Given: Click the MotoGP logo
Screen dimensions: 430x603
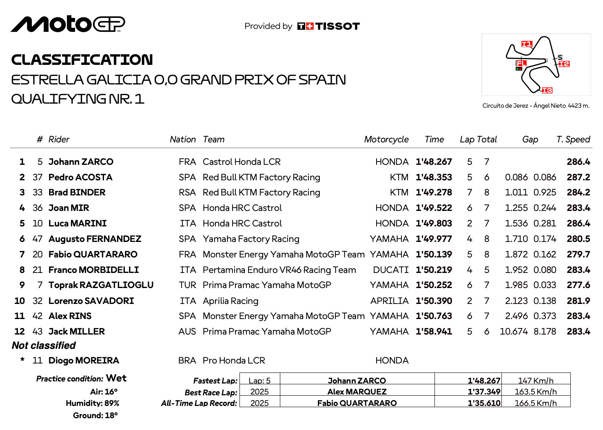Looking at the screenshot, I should click(x=68, y=24).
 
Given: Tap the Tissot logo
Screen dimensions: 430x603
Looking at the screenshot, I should click(x=328, y=27).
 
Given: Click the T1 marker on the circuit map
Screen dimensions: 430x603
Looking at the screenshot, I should click(x=527, y=44).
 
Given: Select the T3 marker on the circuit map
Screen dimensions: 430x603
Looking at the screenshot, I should click(x=547, y=90).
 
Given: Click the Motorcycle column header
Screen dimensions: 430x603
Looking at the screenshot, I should click(x=386, y=140).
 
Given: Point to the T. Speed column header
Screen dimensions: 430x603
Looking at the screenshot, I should click(x=573, y=140).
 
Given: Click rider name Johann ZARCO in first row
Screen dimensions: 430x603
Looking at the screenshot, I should click(x=81, y=162).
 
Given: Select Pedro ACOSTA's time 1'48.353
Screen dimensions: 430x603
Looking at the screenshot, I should click(x=434, y=177).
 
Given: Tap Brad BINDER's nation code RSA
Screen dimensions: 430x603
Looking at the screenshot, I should click(x=187, y=193).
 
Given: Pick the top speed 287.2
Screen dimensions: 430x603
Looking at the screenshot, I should click(x=578, y=177).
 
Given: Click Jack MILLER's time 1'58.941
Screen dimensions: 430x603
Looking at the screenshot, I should click(x=434, y=332).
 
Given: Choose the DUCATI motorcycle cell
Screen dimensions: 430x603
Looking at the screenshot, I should click(x=390, y=270).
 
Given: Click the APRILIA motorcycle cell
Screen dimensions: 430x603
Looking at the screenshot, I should click(x=389, y=301).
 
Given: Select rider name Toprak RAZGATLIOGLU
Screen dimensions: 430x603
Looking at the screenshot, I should click(x=101, y=285).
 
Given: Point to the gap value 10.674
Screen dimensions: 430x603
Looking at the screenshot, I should click(x=514, y=332).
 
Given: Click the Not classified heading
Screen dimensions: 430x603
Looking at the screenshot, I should click(x=44, y=346).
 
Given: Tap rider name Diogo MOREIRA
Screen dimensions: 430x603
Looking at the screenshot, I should click(x=84, y=361).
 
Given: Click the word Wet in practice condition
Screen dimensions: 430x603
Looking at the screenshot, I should click(x=116, y=378).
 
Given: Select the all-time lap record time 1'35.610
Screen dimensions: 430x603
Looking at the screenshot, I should click(x=484, y=403).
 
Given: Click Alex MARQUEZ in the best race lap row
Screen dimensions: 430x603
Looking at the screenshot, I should click(x=357, y=392).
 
